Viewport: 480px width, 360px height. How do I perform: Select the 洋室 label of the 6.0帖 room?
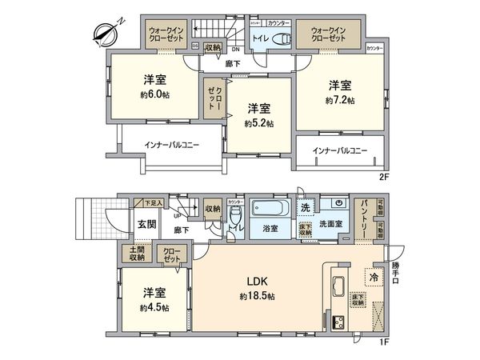156,81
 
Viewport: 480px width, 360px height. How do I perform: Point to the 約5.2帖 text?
259,123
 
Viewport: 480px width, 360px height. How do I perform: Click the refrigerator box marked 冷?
374,277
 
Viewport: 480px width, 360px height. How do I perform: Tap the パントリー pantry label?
362,217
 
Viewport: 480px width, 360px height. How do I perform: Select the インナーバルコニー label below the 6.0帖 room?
172,146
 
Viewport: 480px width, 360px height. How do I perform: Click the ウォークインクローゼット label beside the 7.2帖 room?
329,35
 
